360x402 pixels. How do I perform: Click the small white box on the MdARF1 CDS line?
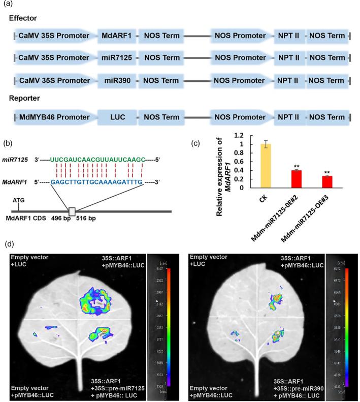click(72, 211)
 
